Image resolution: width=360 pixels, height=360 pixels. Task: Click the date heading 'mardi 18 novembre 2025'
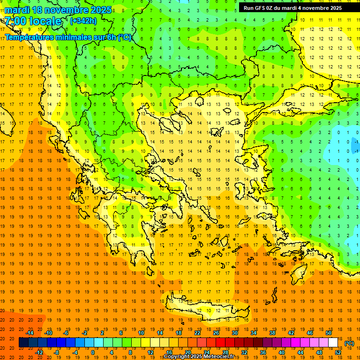(58, 10)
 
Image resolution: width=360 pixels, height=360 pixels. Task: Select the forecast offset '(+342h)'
(83, 21)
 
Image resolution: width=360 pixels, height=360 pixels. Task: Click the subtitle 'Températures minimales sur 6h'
(68, 37)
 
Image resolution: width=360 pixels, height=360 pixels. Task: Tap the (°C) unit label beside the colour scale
(349, 343)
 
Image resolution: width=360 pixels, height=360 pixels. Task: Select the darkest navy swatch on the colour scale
(23, 343)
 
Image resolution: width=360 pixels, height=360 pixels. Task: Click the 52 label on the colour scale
(338, 352)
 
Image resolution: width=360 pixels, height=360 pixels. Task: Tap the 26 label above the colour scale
(216, 333)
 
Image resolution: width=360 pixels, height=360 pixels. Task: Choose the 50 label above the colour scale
(329, 333)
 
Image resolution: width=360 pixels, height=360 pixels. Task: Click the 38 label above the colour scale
(272, 333)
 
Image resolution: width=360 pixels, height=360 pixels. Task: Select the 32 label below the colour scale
(244, 352)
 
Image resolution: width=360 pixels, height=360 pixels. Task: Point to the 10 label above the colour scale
(141, 333)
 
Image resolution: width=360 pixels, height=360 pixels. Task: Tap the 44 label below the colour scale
(300, 352)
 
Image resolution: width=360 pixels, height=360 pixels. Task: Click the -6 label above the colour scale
(66, 333)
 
